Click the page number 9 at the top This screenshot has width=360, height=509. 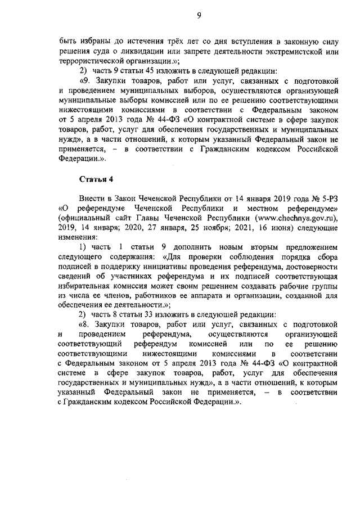[x=199, y=15]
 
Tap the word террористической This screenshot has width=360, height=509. [x=90, y=61]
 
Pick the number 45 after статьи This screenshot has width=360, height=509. [x=138, y=71]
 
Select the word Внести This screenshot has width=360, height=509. [x=92, y=199]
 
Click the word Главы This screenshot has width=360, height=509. [x=168, y=218]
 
